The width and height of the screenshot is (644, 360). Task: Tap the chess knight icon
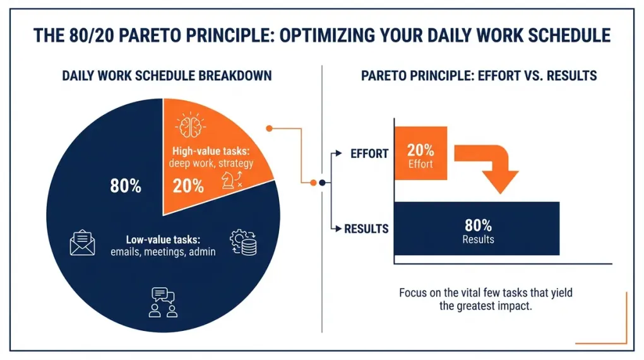(x=227, y=182)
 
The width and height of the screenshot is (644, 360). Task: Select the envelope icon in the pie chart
(x=82, y=244)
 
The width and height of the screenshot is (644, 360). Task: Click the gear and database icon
(x=243, y=243)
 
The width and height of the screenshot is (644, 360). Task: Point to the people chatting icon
(x=163, y=302)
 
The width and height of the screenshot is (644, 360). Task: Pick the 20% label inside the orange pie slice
(x=188, y=186)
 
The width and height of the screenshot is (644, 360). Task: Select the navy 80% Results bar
(x=477, y=229)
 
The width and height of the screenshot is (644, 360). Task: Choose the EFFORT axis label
(x=369, y=154)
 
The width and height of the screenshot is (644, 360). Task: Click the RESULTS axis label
(x=366, y=229)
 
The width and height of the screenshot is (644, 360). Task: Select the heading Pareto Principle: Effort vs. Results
(x=479, y=76)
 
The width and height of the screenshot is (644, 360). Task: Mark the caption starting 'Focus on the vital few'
(x=485, y=299)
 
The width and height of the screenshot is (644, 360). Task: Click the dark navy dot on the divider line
(x=322, y=183)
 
